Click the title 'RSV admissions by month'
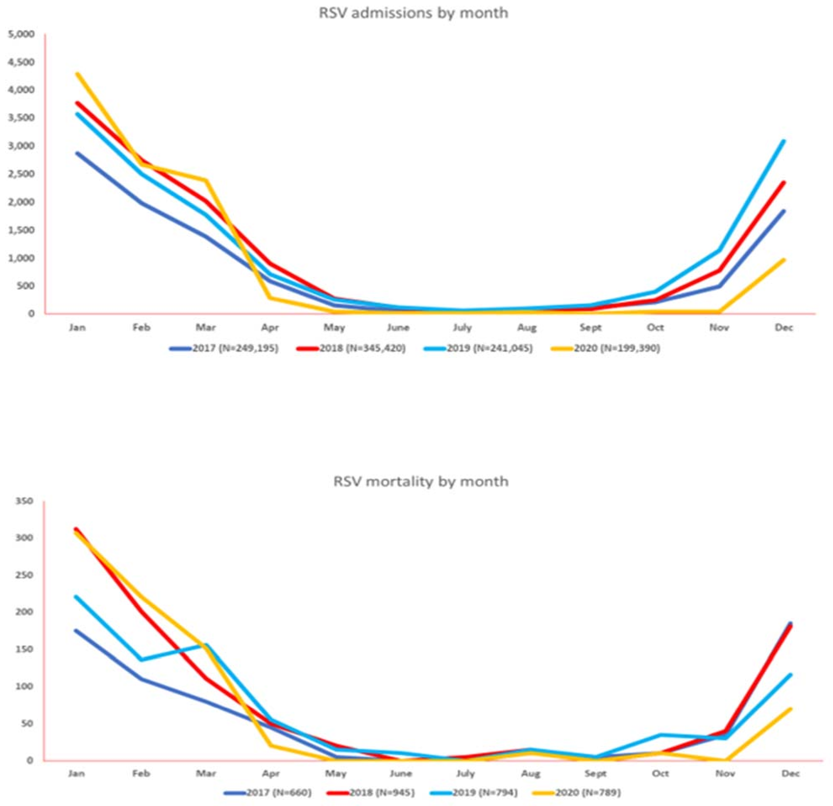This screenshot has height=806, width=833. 413,13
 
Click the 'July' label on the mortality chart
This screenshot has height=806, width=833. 465,774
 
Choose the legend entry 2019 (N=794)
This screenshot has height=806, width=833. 484,793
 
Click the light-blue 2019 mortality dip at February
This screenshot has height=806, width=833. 141,660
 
